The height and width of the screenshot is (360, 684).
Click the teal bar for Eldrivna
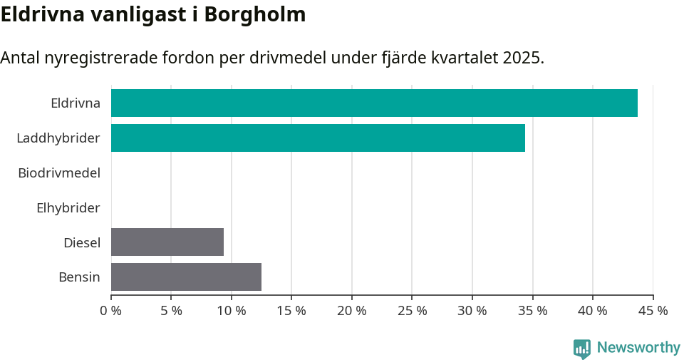pyautogui.click(x=374, y=103)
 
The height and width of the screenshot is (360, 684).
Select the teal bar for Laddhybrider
pyautogui.click(x=318, y=138)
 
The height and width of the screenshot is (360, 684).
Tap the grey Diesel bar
pyautogui.click(x=167, y=242)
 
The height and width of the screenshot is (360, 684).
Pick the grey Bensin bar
pyautogui.click(x=186, y=277)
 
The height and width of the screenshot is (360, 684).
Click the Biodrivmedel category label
pyautogui.click(x=59, y=173)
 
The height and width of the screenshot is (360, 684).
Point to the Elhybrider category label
pyautogui.click(x=68, y=208)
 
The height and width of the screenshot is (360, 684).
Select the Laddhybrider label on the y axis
pyautogui.click(x=58, y=138)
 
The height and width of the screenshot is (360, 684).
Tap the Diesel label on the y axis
pyautogui.click(x=82, y=242)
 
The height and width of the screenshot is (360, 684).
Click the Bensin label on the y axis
pyautogui.click(x=79, y=277)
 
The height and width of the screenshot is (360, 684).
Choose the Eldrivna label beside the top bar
pyautogui.click(x=76, y=103)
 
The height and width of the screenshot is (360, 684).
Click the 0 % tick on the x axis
pyautogui.click(x=110, y=311)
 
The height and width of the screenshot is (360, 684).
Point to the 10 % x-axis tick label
pyautogui.click(x=231, y=311)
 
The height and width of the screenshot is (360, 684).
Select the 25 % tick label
pyautogui.click(x=412, y=311)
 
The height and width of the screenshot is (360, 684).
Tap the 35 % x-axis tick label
pyautogui.click(x=532, y=311)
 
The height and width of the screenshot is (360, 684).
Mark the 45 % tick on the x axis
pyautogui.click(x=653, y=311)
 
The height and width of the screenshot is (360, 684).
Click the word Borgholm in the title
pyautogui.click(x=254, y=14)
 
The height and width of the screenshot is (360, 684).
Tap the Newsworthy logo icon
pyautogui.click(x=582, y=348)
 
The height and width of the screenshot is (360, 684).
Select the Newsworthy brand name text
pyautogui.click(x=638, y=348)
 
